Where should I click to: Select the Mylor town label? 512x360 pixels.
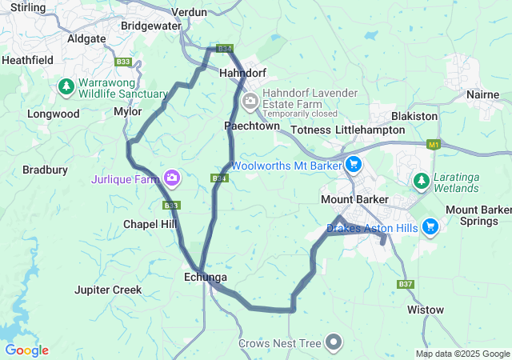click(128, 112)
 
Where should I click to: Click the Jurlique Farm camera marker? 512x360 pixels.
click(171, 177)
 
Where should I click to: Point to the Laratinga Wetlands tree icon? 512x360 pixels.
click(421, 181)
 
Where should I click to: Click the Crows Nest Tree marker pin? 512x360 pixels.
click(334, 343)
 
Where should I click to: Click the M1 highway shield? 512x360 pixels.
click(434, 145)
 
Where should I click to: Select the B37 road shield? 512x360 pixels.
click(406, 284)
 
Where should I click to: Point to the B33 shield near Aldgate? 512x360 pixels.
click(122, 62)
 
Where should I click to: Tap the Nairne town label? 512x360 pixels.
click(482, 94)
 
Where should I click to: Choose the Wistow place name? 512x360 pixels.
click(425, 309)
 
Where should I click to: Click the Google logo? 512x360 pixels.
click(26, 350)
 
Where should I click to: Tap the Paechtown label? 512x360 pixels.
click(252, 126)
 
